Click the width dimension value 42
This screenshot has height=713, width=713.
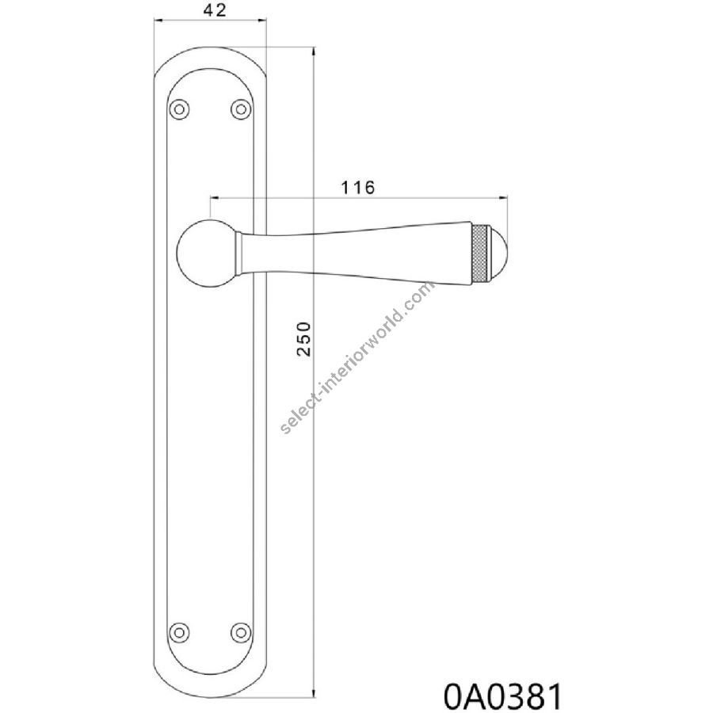click(x=215, y=10)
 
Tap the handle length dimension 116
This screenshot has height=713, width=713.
click(x=358, y=187)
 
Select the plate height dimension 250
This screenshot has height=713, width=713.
click(x=303, y=339)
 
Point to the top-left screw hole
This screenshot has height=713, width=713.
click(x=179, y=109)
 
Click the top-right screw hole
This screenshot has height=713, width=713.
click(x=241, y=109)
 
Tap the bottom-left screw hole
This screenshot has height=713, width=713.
click(x=179, y=632)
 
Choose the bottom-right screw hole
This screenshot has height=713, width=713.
click(x=241, y=632)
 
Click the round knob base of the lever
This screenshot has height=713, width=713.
click(x=205, y=254)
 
